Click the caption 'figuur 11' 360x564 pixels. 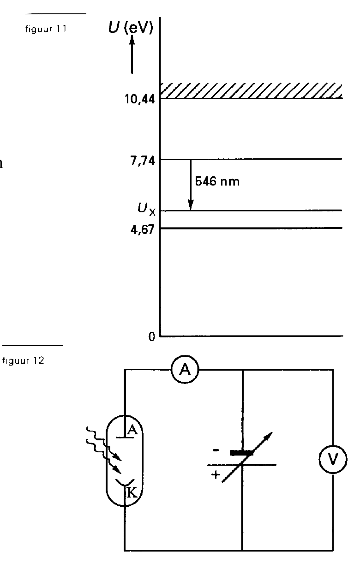[46, 29]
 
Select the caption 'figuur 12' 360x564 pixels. [23, 360]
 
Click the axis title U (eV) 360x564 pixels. [131, 27]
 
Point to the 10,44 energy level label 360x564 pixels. [140, 99]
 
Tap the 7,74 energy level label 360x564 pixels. [143, 161]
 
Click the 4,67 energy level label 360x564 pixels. [142, 230]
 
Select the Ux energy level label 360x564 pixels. [146, 210]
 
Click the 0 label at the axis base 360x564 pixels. [151, 336]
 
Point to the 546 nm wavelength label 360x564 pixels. [217, 181]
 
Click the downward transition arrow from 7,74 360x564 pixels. [191, 185]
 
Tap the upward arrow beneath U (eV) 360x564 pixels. [132, 54]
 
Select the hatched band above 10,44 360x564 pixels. [251, 90]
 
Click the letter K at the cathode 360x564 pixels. [132, 492]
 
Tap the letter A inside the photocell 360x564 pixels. [132, 430]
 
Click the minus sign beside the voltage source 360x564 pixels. [216, 450]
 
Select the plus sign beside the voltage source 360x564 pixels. [216, 474]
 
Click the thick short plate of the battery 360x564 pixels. [242, 453]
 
